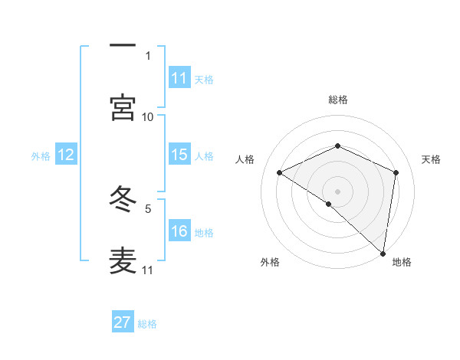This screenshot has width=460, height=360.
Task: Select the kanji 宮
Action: tap(123, 108)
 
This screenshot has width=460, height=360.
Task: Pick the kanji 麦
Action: tap(123, 261)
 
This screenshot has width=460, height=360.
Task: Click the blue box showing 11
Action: tap(179, 77)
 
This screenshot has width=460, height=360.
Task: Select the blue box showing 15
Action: tap(179, 155)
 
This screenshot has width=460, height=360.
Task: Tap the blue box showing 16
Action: tap(179, 231)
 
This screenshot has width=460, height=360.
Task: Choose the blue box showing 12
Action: tap(66, 155)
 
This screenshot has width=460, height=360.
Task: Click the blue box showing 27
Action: tap(123, 322)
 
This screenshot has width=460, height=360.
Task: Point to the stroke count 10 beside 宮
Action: tap(148, 116)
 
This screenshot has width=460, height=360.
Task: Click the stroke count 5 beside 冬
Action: tap(147, 208)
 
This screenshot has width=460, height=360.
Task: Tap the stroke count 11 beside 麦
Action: tap(148, 270)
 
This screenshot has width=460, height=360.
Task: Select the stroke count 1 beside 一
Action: tap(147, 55)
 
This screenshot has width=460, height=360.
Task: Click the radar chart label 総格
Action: tap(338, 100)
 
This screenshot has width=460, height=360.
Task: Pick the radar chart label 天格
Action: tap(431, 159)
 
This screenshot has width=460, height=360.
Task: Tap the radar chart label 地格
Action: tap(402, 262)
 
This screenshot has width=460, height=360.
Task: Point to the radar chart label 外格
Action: tap(270, 262)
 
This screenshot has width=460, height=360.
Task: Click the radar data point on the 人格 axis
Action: tap(280, 173)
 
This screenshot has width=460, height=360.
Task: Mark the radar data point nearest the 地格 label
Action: tap(383, 253)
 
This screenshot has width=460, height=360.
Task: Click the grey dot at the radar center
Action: tap(338, 191)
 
